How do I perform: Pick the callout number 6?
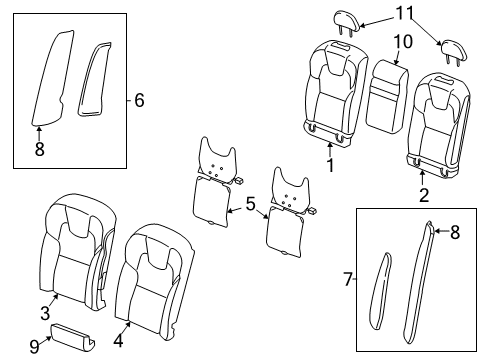tap(140, 99)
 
